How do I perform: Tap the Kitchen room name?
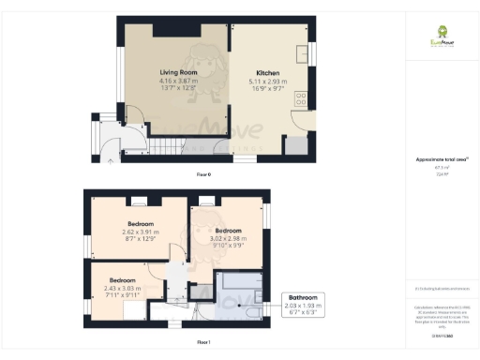coord(268,72)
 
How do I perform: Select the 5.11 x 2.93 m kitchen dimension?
coord(268,82)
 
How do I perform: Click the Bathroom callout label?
coord(302,296)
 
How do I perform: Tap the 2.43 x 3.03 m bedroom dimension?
coord(123,288)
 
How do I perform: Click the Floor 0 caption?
coord(202,174)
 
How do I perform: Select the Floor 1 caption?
coord(202,342)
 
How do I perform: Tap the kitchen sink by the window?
coord(303,52)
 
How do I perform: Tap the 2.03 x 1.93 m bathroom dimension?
coord(302,306)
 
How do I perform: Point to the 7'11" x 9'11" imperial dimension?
coord(123,295)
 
